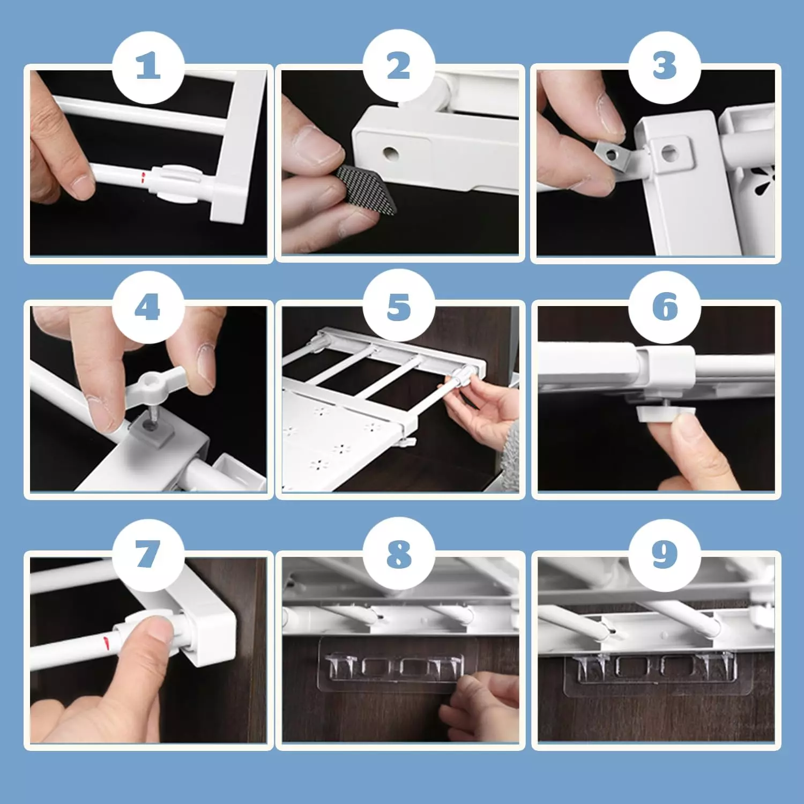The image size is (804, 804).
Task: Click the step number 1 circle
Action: point(148,68)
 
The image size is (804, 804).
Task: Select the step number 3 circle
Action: point(665,68)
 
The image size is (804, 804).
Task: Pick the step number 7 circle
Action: point(148,555)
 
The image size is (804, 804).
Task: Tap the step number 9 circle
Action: point(665,555)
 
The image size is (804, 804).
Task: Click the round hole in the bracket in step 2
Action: point(391,153)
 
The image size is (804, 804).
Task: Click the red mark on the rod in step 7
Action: point(106,641)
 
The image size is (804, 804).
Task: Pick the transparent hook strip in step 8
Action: point(391,665)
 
